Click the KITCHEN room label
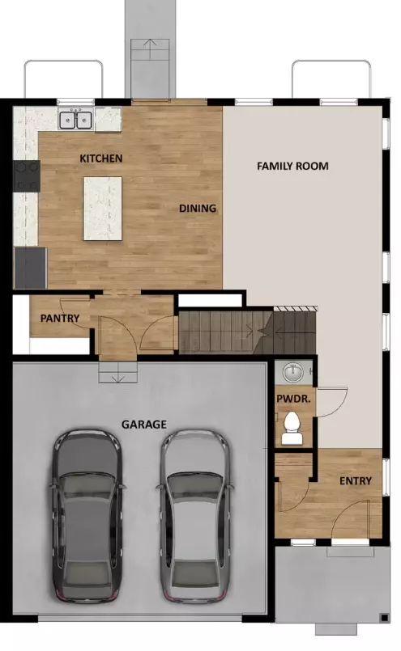tap(101, 159)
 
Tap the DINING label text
tap(198, 208)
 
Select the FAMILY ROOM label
tap(292, 166)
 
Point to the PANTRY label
tap(60, 319)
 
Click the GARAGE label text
tap(144, 425)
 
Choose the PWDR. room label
tap(293, 399)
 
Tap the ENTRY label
tap(356, 481)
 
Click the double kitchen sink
tap(75, 120)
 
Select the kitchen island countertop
tap(103, 209)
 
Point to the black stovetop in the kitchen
tap(26, 176)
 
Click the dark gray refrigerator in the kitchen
tap(30, 268)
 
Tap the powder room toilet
tap(292, 429)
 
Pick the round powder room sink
tap(294, 372)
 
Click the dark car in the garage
tap(87, 515)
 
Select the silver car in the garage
tap(195, 515)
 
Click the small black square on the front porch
tap(384, 618)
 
